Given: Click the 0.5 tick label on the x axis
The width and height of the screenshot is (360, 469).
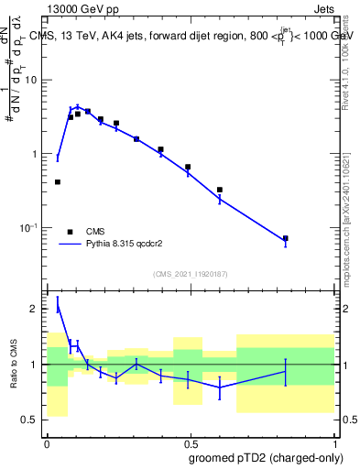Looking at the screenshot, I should click(190, 444).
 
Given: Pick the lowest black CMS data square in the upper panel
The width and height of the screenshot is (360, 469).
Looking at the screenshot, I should click(286, 238).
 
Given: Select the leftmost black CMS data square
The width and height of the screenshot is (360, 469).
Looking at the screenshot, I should click(58, 182).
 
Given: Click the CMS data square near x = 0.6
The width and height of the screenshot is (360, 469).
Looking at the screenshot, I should click(220, 190).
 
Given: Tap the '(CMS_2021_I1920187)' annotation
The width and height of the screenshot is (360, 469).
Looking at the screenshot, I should click(190, 272).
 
